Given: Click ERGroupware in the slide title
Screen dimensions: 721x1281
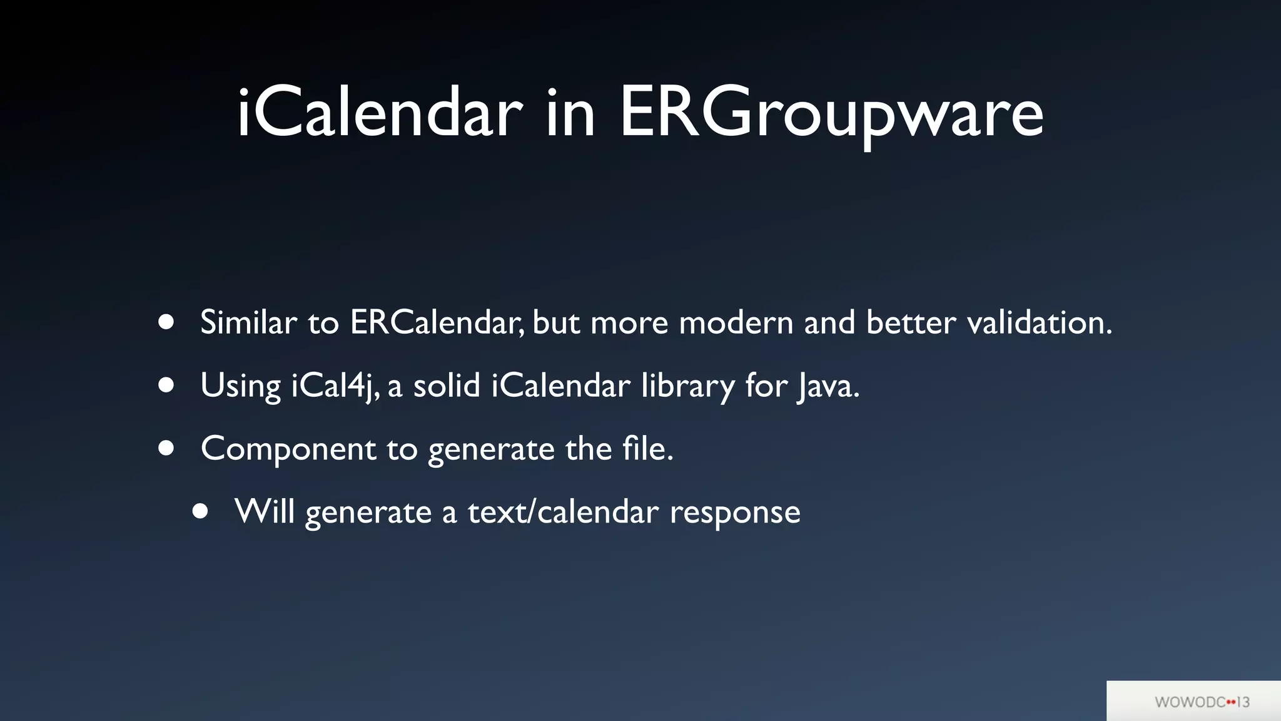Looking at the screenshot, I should tap(831, 113).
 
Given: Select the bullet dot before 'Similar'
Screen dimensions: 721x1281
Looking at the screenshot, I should tap(166, 322).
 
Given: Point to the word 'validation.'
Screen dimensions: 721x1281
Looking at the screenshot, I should tap(1039, 322).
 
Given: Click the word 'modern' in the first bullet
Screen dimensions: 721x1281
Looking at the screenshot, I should tap(736, 322).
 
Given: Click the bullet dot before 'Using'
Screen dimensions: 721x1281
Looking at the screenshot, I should tap(166, 385).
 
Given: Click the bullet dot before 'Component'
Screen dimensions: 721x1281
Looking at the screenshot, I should tap(166, 448).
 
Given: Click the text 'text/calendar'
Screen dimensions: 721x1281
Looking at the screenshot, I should tap(563, 512).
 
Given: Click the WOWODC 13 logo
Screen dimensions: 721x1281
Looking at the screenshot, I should tap(1202, 702).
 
